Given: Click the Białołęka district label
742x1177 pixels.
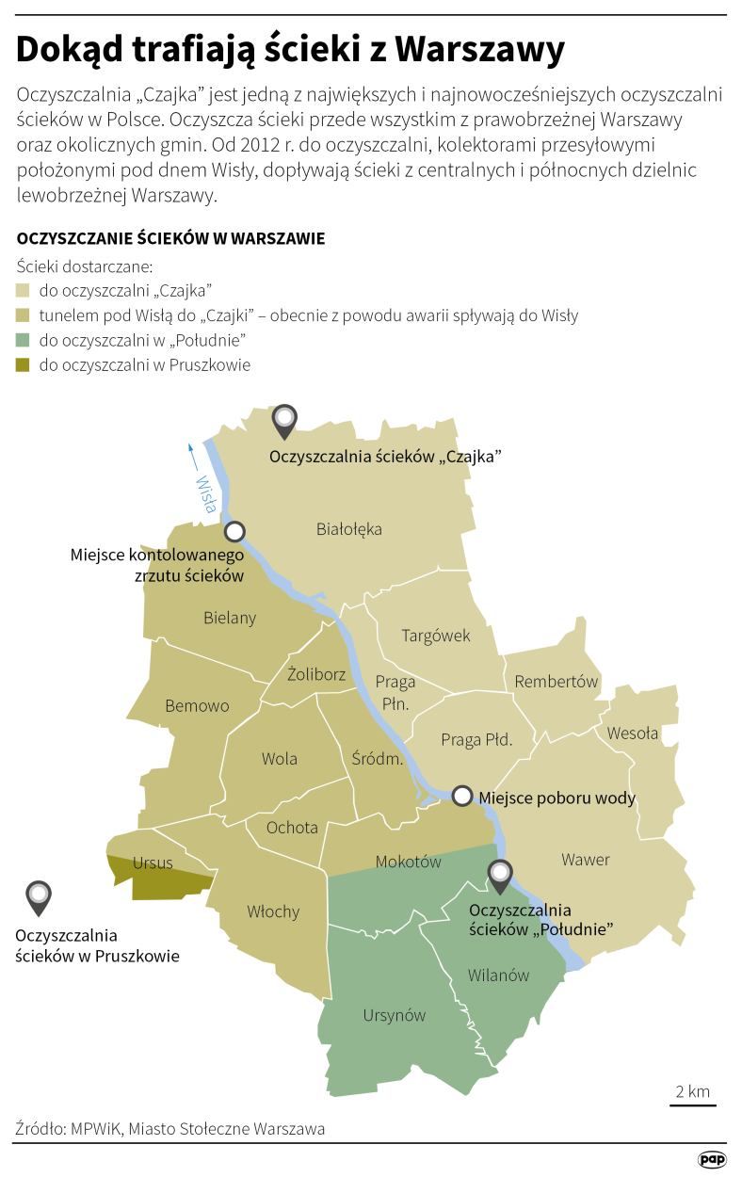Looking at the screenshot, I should coord(348,529).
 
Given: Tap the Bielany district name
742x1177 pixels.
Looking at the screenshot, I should coord(230,619).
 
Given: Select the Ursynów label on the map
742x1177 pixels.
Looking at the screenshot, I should coord(395,1015).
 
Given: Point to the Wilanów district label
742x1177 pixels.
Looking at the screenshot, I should coord(498,975).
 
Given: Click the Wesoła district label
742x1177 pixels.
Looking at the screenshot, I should coord(633,734).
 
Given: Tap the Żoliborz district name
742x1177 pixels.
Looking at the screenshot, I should coord(316,674).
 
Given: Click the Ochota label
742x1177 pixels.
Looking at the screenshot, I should coord(292,828).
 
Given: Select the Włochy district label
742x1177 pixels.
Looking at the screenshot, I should coord(273,911).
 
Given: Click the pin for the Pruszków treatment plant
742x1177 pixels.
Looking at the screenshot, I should coord(39,897).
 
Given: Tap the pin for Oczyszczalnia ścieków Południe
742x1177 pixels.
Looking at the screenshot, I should coord(499,876).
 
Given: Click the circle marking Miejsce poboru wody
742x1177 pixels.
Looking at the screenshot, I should coord(462,797).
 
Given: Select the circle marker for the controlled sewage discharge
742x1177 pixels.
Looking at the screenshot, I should coord(234,531).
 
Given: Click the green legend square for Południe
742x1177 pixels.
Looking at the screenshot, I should coord(24,340).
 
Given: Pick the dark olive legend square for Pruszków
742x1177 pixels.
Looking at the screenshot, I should coord(24,365).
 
